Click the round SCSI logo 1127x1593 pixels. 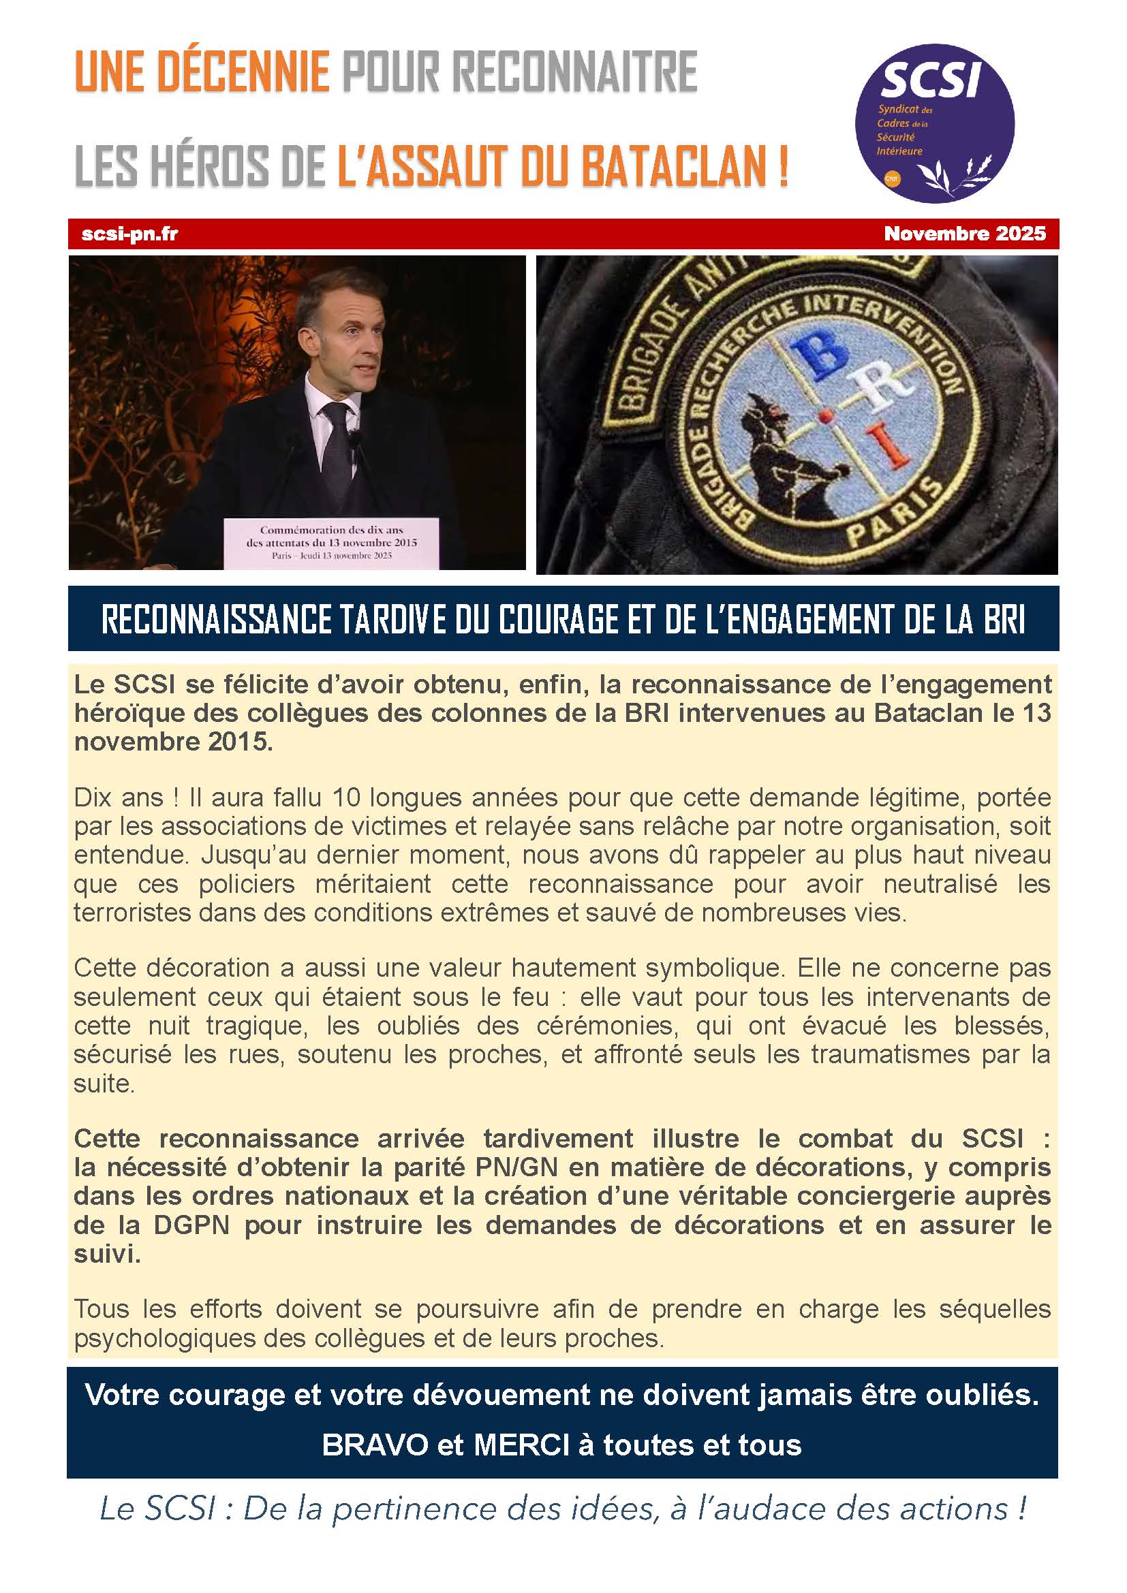[x=934, y=123]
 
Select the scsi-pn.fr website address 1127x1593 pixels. [x=129, y=234]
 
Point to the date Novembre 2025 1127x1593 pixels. [x=965, y=234]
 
